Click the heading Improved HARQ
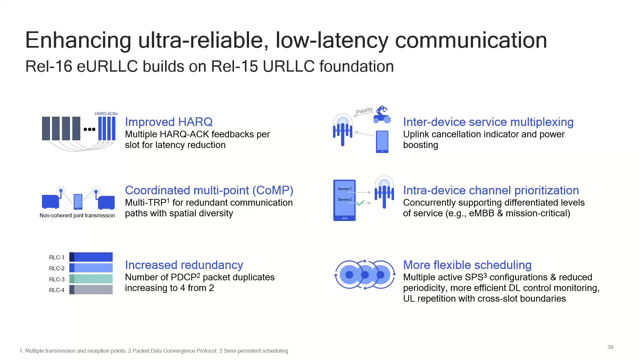pos(169,122)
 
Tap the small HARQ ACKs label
pos(106,114)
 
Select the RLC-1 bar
pos(91,257)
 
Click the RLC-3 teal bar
pos(91,279)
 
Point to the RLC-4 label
pos(57,290)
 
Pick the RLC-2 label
pos(57,268)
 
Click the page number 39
pos(610,347)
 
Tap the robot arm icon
pos(382,114)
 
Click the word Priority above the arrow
pos(364,110)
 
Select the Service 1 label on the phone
pos(344,189)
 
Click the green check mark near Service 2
pos(360,203)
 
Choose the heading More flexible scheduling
pos(467,265)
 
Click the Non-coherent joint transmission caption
pos(77,216)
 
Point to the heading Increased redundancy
pos(184,265)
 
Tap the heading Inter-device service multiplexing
pos(488,122)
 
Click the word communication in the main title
pos(471,40)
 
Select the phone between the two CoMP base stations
pos(78,201)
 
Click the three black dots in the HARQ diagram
pos(89,129)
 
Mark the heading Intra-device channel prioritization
pos(491,190)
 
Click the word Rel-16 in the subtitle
pos(49,66)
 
